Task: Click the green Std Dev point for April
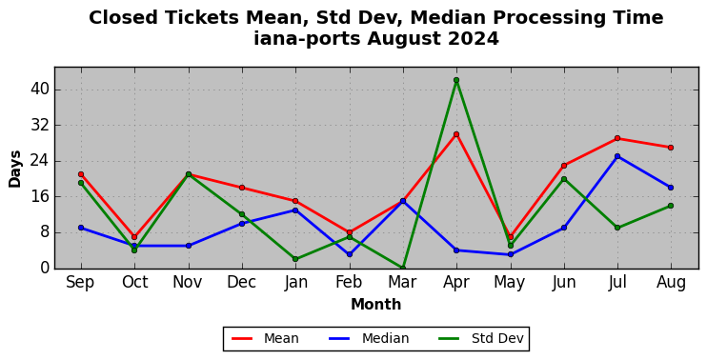(456, 80)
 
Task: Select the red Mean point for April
(456, 134)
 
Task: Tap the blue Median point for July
(617, 156)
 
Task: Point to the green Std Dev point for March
(403, 268)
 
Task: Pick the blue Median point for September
(81, 228)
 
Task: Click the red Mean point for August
(671, 148)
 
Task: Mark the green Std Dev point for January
(295, 259)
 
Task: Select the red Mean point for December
(242, 188)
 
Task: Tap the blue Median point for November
(189, 246)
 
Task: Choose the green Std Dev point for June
(564, 179)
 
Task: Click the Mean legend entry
(265, 338)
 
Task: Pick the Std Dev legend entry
(481, 338)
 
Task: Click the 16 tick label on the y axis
(39, 197)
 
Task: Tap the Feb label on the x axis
(349, 283)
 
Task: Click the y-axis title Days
(15, 169)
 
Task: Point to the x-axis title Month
(376, 305)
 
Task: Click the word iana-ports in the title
(307, 38)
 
